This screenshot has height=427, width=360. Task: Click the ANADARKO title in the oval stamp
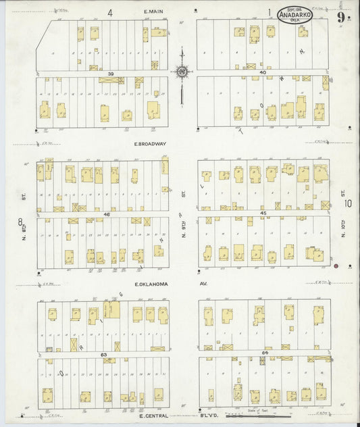tap(295, 15)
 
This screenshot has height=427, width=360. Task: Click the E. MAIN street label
tap(155, 11)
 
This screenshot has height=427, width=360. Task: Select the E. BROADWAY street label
tap(149, 144)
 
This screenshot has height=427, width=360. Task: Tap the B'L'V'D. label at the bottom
tap(196, 416)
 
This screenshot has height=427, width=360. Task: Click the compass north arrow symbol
tap(182, 71)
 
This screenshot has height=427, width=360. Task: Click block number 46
tap(106, 213)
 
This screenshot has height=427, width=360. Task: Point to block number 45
tap(264, 212)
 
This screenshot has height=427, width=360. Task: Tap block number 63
tap(103, 353)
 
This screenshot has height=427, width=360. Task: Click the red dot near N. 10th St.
tap(336, 266)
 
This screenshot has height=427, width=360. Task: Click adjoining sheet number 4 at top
tap(109, 11)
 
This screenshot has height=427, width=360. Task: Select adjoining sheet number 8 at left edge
tap(20, 221)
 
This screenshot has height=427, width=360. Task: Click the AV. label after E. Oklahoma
tap(203, 284)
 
